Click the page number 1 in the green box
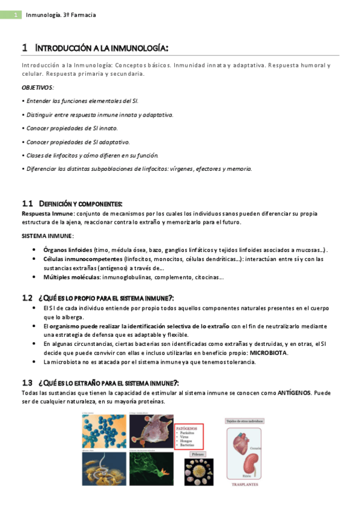[18, 14]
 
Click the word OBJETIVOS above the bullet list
[37, 87]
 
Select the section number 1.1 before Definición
[27, 204]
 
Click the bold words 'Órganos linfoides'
[68, 250]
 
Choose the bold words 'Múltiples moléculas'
[70, 277]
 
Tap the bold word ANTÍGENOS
[294, 392]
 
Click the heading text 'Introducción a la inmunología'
[102, 48]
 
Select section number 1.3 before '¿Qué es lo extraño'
[27, 382]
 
